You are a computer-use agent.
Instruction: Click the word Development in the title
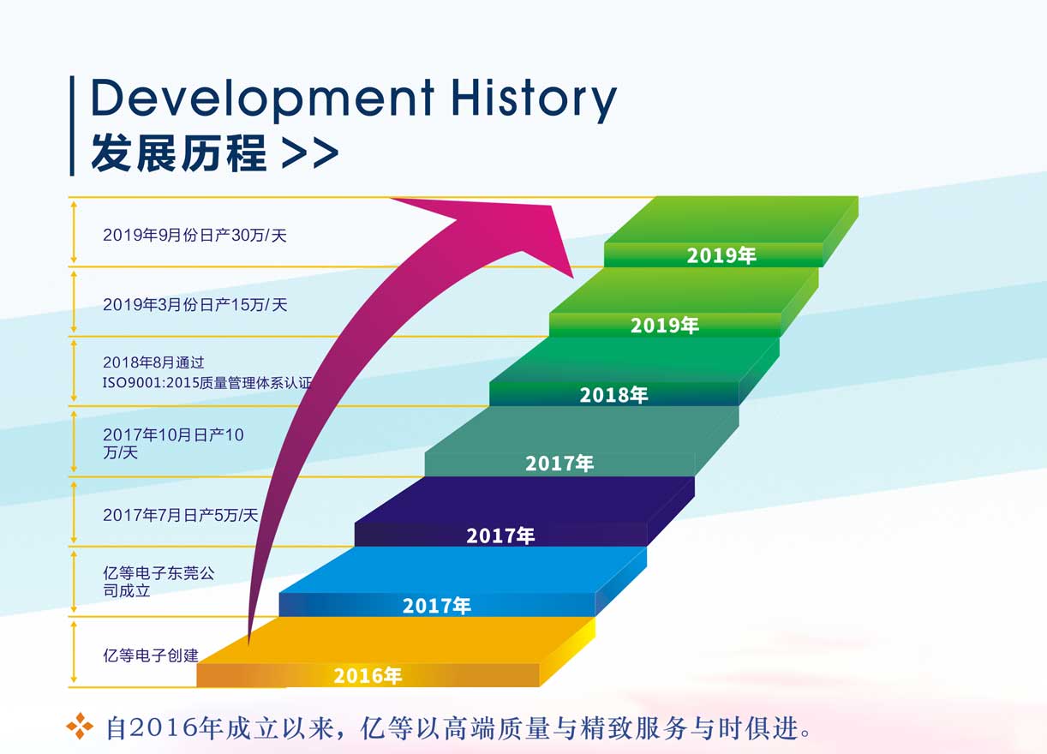(262, 99)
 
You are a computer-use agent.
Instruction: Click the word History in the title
(534, 99)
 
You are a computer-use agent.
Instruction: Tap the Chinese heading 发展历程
(179, 153)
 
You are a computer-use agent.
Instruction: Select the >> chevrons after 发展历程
(310, 153)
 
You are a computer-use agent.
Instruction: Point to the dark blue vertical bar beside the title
(72, 126)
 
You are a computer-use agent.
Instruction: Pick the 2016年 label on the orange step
(368, 675)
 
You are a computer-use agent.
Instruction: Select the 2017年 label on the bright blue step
(437, 606)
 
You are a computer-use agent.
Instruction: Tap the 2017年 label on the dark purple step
(500, 536)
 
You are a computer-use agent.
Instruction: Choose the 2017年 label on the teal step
(559, 464)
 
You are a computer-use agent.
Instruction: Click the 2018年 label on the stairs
(613, 395)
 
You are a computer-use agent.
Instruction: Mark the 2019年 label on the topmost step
(721, 255)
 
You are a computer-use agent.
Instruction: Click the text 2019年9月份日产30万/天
(194, 235)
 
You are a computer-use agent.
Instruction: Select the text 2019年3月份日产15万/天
(194, 305)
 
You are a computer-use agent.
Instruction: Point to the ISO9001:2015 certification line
(207, 383)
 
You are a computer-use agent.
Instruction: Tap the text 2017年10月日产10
(173, 434)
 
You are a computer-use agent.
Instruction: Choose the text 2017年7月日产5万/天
(181, 515)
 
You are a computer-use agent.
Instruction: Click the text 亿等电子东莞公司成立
(159, 582)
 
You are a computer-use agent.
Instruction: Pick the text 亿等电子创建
(151, 655)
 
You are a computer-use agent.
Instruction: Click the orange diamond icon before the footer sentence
(80, 726)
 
